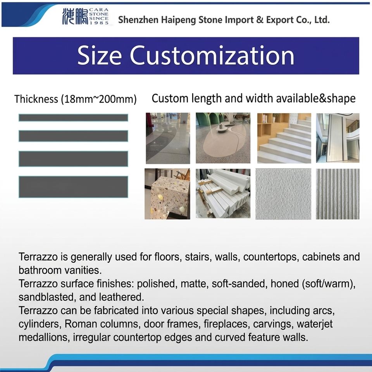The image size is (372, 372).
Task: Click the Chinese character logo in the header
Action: pos(75,16)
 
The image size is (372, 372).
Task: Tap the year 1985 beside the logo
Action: pos(99,23)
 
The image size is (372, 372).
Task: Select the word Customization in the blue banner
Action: pos(212,55)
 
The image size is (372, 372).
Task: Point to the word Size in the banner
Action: pos(100,55)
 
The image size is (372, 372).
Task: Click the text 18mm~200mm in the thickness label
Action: pos(98,99)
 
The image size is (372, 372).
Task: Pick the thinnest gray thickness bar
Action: pos(73,118)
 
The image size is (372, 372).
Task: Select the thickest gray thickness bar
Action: pos(73,187)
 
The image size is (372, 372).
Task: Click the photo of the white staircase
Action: pos(284,138)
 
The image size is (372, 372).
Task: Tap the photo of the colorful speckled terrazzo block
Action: pos(167,194)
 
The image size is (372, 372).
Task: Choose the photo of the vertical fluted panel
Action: pos(338,194)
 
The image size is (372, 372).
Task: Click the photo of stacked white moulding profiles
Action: pos(223,193)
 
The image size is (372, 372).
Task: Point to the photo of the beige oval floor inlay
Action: pos(223,138)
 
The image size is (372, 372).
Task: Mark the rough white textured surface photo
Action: pos(283,194)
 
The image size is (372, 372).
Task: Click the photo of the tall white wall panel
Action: pos(338,138)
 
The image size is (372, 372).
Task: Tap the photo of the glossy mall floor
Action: pos(168,138)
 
